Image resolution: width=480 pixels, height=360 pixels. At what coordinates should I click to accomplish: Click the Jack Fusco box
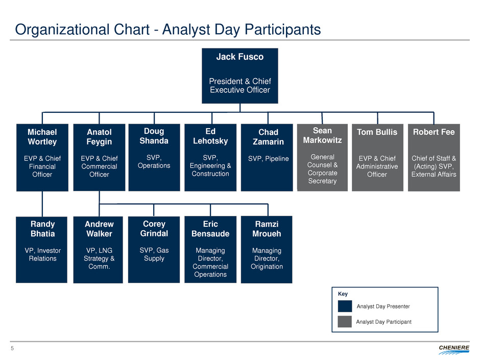pyautogui.click(x=239, y=76)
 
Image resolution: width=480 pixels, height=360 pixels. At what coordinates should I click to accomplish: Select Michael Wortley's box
pyautogui.click(x=42, y=157)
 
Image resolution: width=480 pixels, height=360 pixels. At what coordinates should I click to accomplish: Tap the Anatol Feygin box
pyautogui.click(x=99, y=157)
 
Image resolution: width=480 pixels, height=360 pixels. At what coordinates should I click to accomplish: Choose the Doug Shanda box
pyautogui.click(x=154, y=157)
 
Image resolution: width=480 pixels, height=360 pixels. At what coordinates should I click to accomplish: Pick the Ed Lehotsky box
pyautogui.click(x=210, y=157)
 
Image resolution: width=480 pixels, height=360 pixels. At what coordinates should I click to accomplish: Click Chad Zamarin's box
pyautogui.click(x=267, y=157)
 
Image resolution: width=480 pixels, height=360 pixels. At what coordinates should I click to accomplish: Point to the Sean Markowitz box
pyautogui.click(x=322, y=157)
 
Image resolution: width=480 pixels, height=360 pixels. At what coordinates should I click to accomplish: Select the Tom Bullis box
pyautogui.click(x=377, y=157)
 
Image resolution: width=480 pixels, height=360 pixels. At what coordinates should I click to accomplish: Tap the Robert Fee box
pyautogui.click(x=434, y=157)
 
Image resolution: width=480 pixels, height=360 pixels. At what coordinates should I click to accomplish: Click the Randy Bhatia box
pyautogui.click(x=41, y=250)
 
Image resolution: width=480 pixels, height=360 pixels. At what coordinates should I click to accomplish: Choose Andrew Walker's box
pyautogui.click(x=98, y=250)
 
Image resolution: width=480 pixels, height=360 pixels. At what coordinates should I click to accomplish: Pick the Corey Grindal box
pyautogui.click(x=154, y=250)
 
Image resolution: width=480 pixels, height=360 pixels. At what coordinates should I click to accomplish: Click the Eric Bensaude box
pyautogui.click(x=210, y=250)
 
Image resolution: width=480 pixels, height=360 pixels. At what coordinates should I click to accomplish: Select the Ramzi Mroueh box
pyautogui.click(x=267, y=250)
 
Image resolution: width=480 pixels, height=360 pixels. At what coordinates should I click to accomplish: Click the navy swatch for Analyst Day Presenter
pyautogui.click(x=345, y=306)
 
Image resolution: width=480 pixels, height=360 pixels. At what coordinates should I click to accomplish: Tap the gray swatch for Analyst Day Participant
pyautogui.click(x=345, y=322)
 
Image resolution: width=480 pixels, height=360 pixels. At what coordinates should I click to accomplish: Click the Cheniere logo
pyautogui.click(x=453, y=350)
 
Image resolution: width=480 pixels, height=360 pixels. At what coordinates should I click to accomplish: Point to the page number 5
pyautogui.click(x=12, y=348)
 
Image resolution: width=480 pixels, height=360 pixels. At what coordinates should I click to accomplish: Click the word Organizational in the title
pyautogui.click(x=62, y=30)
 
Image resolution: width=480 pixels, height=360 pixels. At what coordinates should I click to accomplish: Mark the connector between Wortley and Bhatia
pyautogui.click(x=42, y=204)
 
